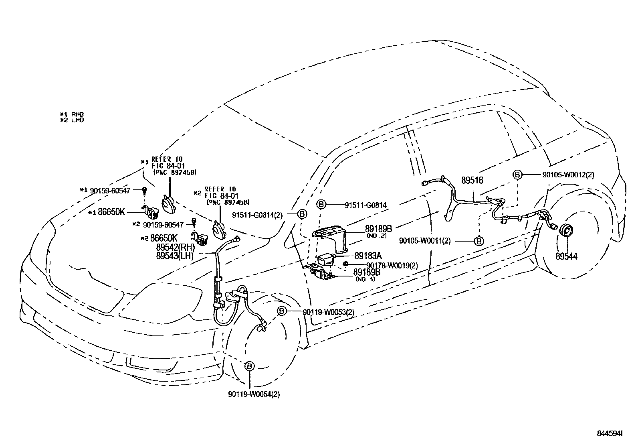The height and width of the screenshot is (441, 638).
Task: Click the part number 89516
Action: [x=472, y=181]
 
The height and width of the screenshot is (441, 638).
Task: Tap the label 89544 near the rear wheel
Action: [x=566, y=256]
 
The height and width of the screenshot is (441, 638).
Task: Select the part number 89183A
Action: [x=368, y=256]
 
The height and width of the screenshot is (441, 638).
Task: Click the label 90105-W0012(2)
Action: [x=568, y=175]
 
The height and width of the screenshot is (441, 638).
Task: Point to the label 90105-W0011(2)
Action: [x=425, y=241]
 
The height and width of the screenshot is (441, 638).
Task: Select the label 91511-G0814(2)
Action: [x=257, y=215]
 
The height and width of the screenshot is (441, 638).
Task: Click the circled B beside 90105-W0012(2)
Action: [x=517, y=175]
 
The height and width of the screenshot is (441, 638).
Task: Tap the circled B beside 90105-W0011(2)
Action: [x=479, y=241]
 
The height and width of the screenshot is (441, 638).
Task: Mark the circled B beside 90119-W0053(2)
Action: [x=282, y=311]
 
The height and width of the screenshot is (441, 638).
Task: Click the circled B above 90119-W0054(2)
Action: [x=249, y=366]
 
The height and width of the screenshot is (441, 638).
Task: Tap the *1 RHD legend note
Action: [x=72, y=114]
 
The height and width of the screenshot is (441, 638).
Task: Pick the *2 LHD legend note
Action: [x=72, y=120]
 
